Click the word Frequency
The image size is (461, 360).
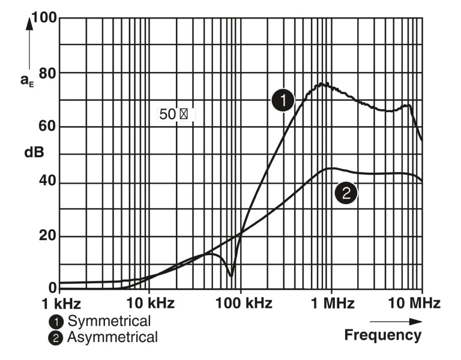click(382, 335)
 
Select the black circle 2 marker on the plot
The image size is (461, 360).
click(346, 193)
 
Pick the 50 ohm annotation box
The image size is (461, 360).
click(175, 114)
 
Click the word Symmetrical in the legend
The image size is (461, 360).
click(109, 320)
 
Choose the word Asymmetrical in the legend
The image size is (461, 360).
click(112, 337)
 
